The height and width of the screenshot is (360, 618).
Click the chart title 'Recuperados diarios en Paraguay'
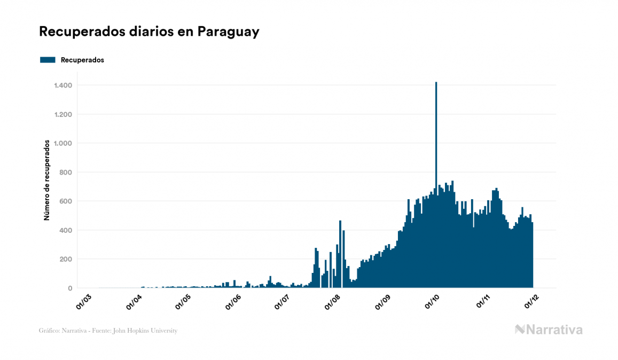pos(149,32)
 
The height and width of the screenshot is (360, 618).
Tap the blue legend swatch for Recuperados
pos(48,60)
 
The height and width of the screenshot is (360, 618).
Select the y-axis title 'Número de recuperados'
pos(47,180)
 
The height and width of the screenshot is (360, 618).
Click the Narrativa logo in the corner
pos(549,330)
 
